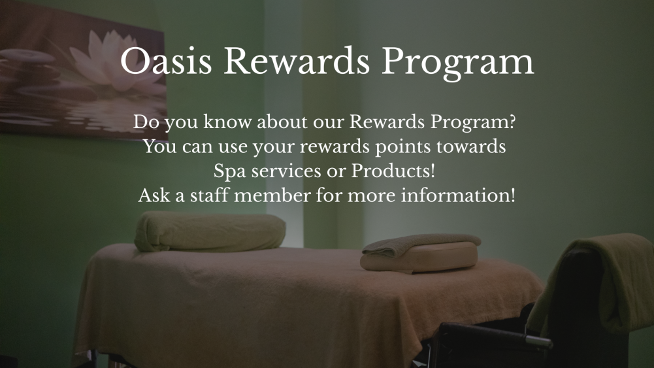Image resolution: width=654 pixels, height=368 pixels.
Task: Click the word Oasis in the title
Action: (166, 61)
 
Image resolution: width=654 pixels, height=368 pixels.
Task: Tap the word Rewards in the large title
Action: (297, 61)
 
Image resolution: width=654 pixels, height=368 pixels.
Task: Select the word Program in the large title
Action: (457, 63)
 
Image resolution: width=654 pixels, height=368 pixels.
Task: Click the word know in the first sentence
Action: (227, 122)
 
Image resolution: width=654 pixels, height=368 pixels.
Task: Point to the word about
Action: (282, 122)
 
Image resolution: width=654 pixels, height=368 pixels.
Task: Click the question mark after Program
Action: (512, 122)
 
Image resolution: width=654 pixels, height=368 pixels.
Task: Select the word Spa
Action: (229, 171)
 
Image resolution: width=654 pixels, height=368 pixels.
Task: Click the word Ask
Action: (154, 195)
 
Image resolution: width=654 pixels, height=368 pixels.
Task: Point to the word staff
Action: (209, 195)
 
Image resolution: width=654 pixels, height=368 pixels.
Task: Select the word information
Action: (455, 195)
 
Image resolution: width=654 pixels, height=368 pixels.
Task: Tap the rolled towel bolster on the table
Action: (210, 231)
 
